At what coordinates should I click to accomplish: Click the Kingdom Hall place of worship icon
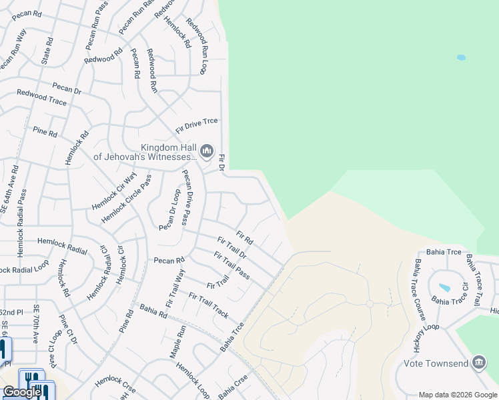tap(207, 151)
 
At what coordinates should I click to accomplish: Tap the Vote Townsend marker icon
tap(478, 363)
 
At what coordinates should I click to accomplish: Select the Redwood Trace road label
tap(41, 97)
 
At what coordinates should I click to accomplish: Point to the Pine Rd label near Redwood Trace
tap(45, 131)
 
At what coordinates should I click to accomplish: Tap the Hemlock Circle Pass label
tap(127, 199)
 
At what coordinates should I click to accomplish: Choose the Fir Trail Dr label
tap(232, 247)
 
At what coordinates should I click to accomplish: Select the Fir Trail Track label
tap(209, 304)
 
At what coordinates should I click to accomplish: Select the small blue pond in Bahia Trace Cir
tap(444, 288)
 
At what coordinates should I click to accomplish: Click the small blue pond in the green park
tap(461, 58)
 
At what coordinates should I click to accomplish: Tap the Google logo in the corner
tap(22, 392)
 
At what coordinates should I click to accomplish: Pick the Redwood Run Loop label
tap(197, 47)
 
